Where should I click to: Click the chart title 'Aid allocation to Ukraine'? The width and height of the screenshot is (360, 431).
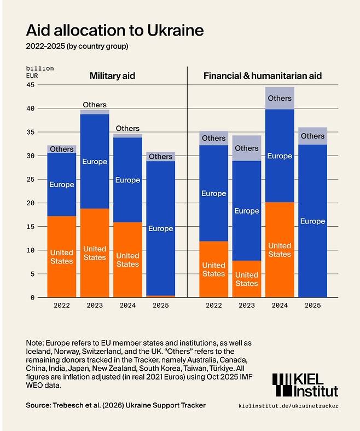coord(115,30)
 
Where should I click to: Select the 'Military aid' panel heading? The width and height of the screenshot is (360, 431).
coord(112,76)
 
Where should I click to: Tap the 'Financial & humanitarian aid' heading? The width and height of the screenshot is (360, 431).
coord(263,76)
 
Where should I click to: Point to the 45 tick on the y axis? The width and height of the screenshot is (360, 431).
coord(31,85)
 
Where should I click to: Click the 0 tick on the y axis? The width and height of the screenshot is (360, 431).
coord(32,297)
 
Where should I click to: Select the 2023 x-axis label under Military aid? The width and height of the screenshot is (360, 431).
coord(95,306)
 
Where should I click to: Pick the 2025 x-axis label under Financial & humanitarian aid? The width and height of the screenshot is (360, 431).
coord(313,306)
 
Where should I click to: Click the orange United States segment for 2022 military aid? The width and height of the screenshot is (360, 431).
coord(62,256)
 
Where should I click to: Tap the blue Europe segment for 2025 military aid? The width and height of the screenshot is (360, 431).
coord(161,228)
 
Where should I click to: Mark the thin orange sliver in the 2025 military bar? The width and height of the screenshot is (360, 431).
coord(161,296)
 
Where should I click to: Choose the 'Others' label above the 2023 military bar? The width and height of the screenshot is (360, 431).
coord(95,105)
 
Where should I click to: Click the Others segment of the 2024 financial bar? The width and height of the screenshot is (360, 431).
coord(280,98)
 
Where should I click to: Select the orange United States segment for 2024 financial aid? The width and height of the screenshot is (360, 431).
coord(280,250)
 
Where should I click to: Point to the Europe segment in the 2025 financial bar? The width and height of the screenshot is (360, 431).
coord(313,221)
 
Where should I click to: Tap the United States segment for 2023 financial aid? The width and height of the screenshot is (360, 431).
coord(247,279)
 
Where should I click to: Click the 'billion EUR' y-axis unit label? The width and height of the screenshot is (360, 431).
coord(40,72)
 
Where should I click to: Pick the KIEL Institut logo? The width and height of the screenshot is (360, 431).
coord(305,385)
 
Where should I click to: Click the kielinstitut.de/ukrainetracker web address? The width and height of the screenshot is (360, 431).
coord(288,406)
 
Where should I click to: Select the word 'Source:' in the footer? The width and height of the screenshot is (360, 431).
coord(38,405)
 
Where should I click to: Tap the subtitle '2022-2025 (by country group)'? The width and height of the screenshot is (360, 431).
coord(77,46)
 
